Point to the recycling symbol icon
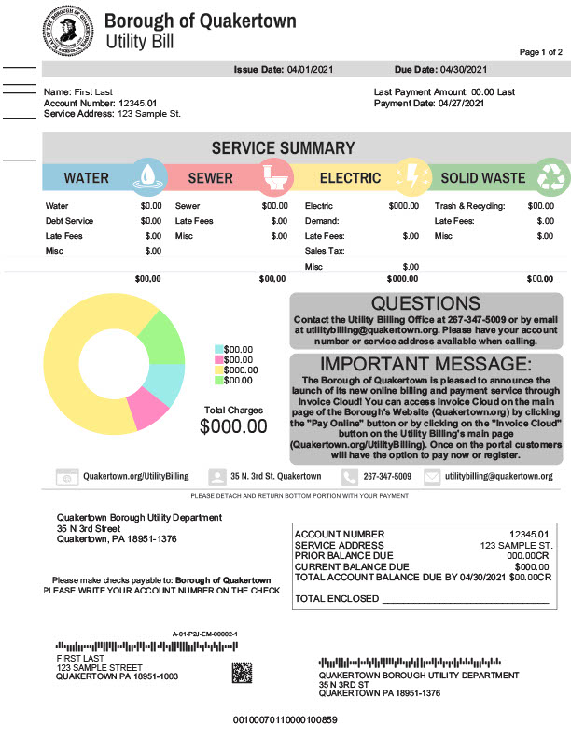point(552,175)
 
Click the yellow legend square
point(218,369)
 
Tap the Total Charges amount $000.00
point(233,426)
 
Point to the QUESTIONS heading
point(425,303)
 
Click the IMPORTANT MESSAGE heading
point(425,364)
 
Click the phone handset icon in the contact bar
point(349,477)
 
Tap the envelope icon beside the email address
point(432,477)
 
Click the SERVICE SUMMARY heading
point(283,148)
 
